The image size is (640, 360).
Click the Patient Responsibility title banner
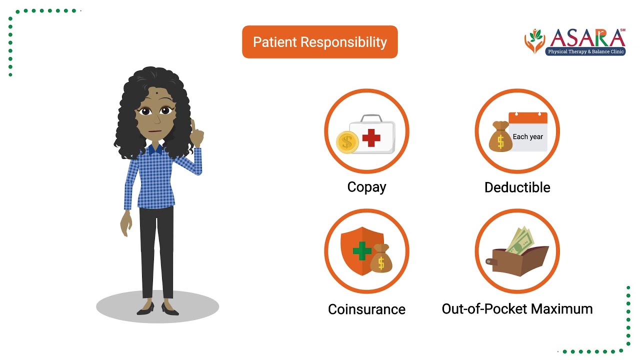click(319, 42)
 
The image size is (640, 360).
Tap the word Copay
click(366, 187)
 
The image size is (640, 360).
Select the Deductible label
click(517, 187)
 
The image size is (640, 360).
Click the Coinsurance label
click(366, 309)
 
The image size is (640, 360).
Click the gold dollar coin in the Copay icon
click(347, 142)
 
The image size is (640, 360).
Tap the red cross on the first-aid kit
click(371, 137)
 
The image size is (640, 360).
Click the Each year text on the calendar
click(527, 136)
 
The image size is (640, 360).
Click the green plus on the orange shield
click(361, 251)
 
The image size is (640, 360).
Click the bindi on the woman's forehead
click(157, 93)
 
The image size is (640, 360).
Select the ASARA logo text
click(587, 38)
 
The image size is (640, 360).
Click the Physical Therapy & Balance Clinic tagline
click(585, 51)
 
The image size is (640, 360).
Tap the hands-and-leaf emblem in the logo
click(534, 41)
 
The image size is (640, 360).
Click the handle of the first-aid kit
click(371, 118)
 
